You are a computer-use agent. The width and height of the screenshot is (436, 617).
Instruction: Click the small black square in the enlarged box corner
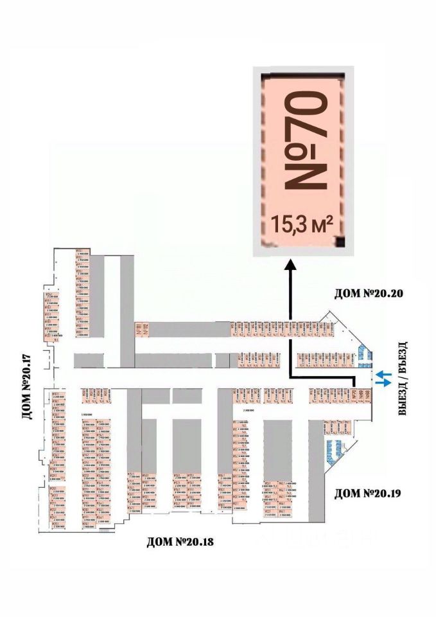click(x=340, y=242)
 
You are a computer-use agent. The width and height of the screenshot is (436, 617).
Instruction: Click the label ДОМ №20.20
click(x=368, y=294)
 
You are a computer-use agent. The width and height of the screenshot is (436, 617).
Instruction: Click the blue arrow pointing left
click(x=383, y=373)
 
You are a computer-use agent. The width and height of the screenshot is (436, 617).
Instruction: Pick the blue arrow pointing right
click(x=383, y=383)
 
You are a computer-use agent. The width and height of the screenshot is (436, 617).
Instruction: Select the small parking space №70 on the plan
click(x=354, y=395)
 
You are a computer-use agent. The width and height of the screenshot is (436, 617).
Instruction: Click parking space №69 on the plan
click(x=361, y=395)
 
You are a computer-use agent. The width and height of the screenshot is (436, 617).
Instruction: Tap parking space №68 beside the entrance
click(x=369, y=395)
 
